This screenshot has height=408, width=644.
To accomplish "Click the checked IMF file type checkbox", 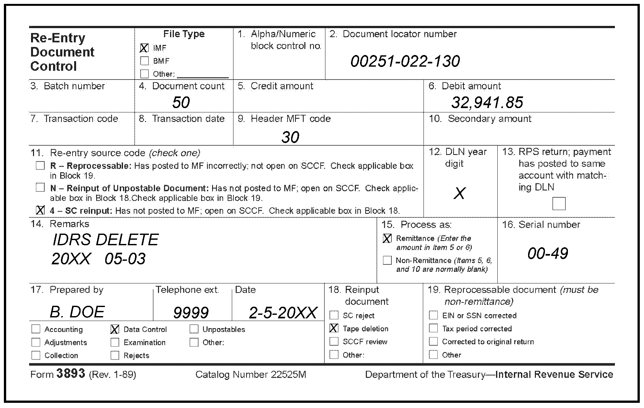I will (x=144, y=48).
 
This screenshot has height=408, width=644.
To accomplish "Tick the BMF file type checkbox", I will (x=144, y=61).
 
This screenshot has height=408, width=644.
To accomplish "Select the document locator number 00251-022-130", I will (x=405, y=61).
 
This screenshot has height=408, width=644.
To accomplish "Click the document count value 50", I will (x=181, y=103).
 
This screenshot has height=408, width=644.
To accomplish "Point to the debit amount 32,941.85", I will (x=487, y=103).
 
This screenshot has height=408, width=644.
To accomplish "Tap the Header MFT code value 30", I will (x=290, y=137).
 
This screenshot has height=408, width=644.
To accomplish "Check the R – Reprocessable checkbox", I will (x=40, y=166).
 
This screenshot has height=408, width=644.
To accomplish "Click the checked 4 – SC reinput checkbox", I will (x=40, y=210).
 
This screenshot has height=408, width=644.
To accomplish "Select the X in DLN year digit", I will (x=459, y=193).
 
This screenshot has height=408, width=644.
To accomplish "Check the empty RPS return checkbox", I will (x=559, y=204).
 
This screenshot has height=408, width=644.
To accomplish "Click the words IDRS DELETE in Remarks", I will (x=105, y=240).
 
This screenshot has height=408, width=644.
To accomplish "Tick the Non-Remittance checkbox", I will (x=387, y=260).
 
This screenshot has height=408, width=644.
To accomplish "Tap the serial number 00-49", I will (x=548, y=253).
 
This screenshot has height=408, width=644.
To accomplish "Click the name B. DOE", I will (x=77, y=312).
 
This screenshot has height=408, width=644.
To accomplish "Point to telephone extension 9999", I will (x=191, y=313).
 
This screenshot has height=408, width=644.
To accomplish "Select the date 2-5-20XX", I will (x=283, y=313).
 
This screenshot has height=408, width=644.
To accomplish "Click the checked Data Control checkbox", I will (x=115, y=329).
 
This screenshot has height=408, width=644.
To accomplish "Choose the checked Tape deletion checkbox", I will (x=334, y=328).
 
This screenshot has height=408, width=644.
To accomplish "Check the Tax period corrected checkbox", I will (x=433, y=328).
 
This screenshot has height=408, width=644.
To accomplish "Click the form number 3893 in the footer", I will (x=71, y=374).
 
